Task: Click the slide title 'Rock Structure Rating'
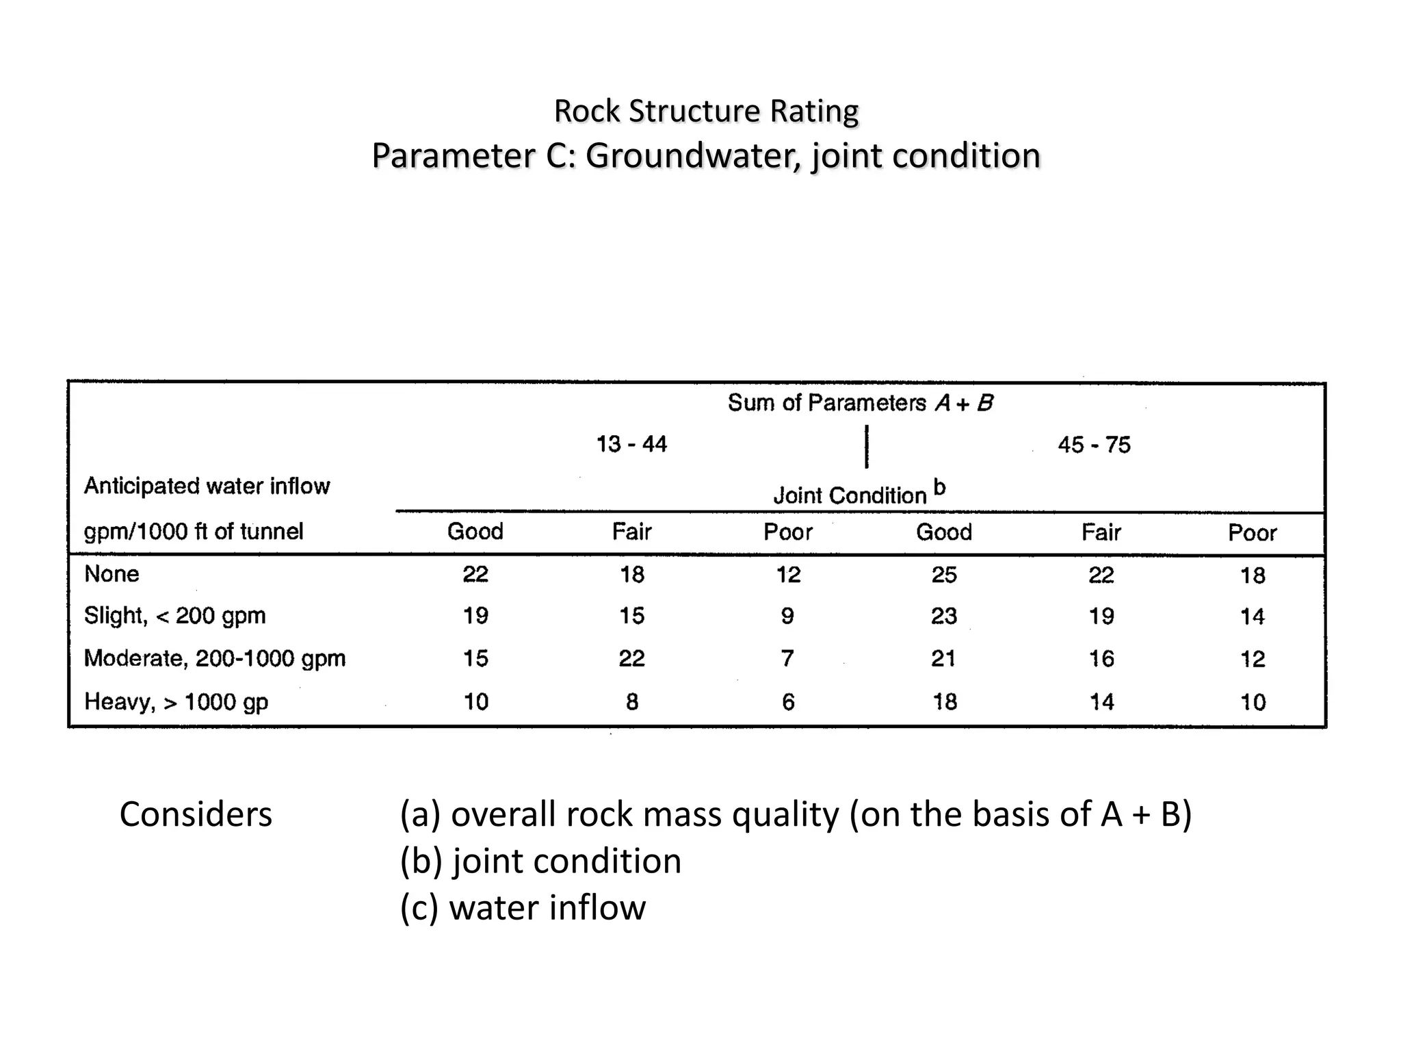705,111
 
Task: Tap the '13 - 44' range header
631,444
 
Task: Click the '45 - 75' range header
1094,445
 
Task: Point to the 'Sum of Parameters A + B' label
860,403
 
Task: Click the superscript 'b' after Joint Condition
940,488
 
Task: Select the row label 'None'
112,573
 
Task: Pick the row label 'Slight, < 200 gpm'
174,616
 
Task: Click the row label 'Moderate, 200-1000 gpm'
214,658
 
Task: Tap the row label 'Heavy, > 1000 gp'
176,701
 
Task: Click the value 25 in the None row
944,575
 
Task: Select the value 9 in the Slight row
787,616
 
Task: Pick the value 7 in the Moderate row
787,658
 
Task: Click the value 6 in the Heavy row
788,701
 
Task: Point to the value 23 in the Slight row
944,616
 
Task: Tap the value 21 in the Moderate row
943,658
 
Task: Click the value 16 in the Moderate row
1101,659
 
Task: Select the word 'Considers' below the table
196,814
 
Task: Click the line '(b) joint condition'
540,861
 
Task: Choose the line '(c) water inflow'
523,907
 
